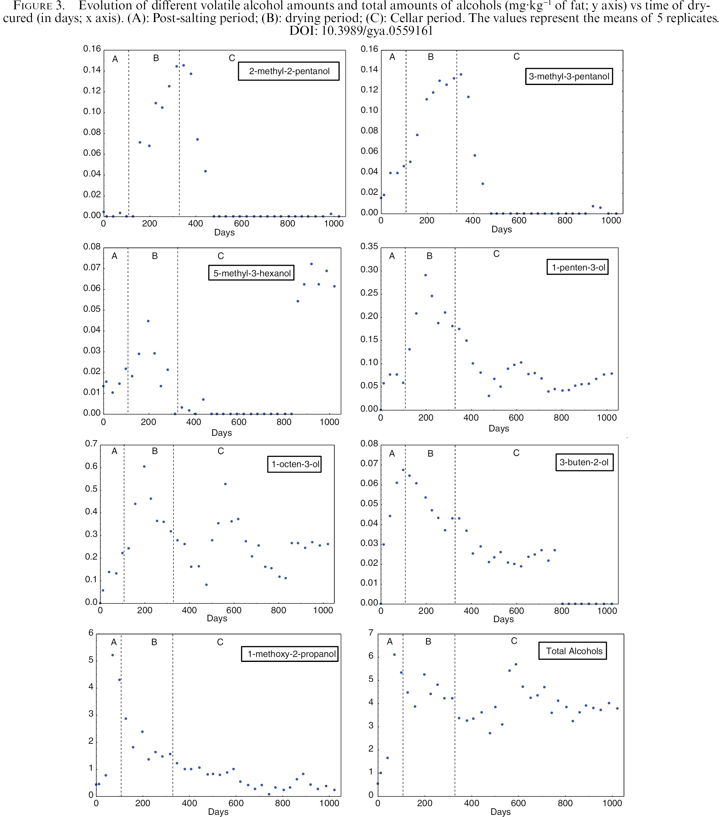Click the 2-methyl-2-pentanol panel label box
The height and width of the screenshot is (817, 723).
(x=288, y=71)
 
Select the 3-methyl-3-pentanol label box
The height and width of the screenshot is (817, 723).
(x=568, y=76)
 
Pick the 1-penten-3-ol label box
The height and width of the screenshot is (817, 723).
(x=577, y=267)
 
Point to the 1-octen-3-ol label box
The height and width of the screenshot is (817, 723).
(x=295, y=464)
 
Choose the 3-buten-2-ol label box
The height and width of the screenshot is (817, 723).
(x=584, y=462)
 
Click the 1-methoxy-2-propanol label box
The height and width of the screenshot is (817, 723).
(x=290, y=654)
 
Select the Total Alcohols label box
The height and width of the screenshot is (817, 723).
(x=572, y=651)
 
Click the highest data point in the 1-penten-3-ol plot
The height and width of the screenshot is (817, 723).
(x=425, y=275)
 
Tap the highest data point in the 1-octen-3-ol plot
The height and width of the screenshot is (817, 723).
(x=144, y=467)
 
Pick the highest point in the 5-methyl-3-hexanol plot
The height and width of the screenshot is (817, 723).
(x=311, y=264)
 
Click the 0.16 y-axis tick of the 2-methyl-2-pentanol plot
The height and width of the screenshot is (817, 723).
(x=92, y=49)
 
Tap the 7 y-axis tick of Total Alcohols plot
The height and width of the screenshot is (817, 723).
(x=371, y=633)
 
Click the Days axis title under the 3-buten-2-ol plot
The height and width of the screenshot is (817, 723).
(x=503, y=619)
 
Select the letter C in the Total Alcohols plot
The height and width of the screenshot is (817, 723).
(x=514, y=641)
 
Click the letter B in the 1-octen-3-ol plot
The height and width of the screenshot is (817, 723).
(x=155, y=451)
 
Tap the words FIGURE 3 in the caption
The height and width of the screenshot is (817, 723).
(x=39, y=6)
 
